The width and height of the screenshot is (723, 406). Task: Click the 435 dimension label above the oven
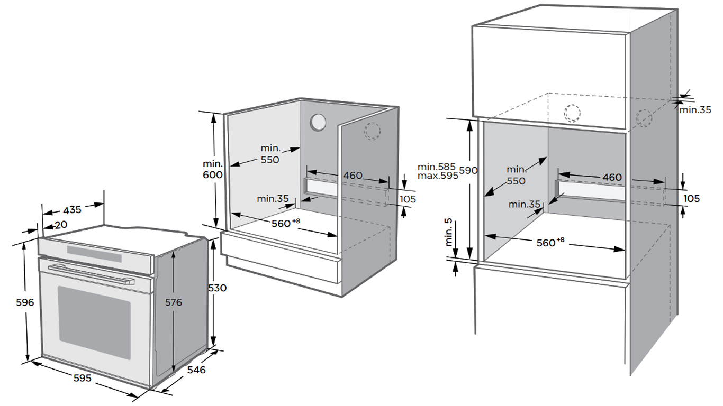(73, 209)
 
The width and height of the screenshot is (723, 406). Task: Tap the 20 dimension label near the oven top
(61, 225)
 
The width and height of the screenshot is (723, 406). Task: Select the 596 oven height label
(25, 302)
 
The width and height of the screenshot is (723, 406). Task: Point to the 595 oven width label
(82, 378)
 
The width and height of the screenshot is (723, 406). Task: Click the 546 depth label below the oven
(196, 370)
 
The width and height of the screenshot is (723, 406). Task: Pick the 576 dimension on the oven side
(173, 302)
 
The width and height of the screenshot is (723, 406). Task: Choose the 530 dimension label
(217, 288)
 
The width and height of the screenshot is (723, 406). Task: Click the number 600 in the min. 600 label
(212, 175)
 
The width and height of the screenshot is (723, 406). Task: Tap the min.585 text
(437, 167)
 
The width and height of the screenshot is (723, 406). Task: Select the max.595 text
(438, 176)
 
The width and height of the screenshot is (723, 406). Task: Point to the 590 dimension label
(468, 170)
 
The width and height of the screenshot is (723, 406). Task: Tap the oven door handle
(90, 273)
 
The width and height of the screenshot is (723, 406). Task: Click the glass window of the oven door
(94, 322)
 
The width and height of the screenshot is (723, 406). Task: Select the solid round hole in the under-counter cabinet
(318, 122)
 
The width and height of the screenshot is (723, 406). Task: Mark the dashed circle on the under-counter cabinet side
(373, 131)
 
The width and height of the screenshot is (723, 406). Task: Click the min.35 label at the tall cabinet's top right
(695, 110)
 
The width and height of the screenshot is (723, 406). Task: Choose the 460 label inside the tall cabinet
(612, 177)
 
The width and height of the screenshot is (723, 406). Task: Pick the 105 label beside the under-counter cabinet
(408, 199)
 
